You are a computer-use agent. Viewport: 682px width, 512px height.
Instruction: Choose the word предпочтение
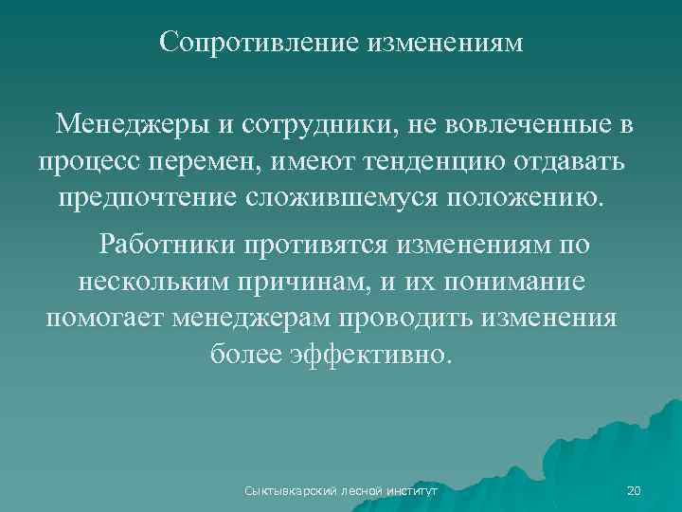click(153, 199)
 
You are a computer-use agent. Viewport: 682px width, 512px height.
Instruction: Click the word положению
click(521, 199)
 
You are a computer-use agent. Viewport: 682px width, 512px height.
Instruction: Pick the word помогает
click(105, 318)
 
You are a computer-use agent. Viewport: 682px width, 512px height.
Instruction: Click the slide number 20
click(635, 490)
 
